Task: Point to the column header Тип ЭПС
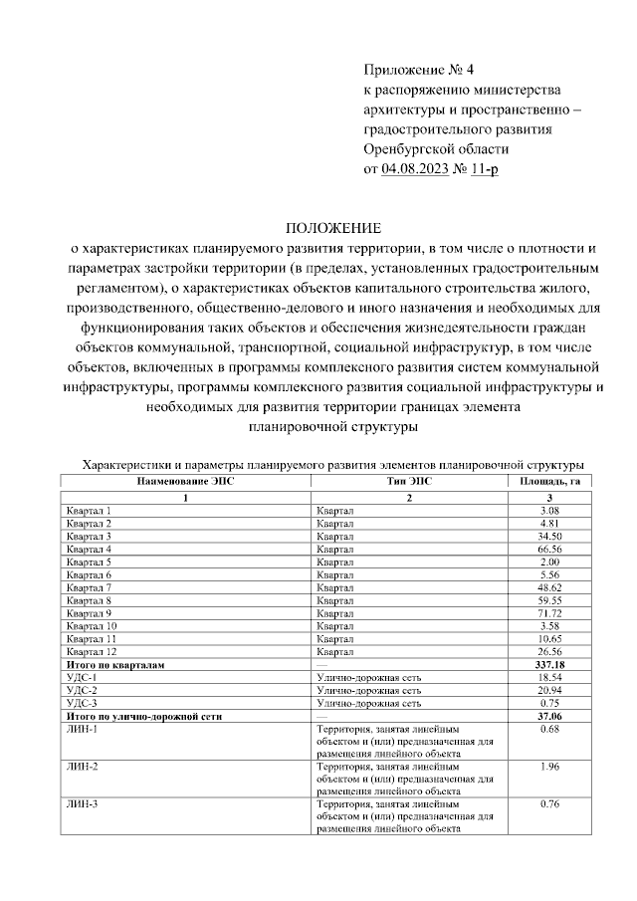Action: pos(409,480)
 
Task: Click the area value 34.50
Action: pos(549,536)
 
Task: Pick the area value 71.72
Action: pos(549,613)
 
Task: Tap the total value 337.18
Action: pos(549,664)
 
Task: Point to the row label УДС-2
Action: pos(82,689)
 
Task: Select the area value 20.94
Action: pos(549,689)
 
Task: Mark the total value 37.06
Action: pos(549,715)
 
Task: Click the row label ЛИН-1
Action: pos(82,729)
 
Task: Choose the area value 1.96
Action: pos(549,767)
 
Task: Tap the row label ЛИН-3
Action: pos(82,803)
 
